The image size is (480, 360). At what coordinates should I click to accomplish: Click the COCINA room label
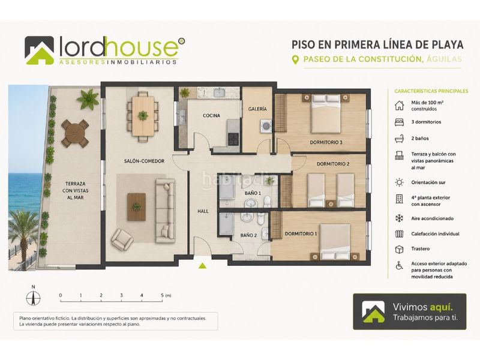pyautogui.click(x=211, y=115)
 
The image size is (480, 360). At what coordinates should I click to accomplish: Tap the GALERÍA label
pyautogui.click(x=257, y=109)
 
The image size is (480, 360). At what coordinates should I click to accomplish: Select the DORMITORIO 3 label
pyautogui.click(x=326, y=142)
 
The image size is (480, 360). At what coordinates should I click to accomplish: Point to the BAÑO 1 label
pyautogui.click(x=253, y=193)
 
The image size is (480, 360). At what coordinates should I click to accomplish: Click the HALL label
pyautogui.click(x=203, y=211)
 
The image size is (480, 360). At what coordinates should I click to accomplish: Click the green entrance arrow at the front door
pyautogui.click(x=202, y=266)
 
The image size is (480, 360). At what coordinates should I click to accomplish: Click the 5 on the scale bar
pyautogui.click(x=162, y=295)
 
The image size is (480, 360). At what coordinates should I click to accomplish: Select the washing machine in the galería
pyautogui.click(x=266, y=126)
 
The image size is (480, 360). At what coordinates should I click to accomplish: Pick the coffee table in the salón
pyautogui.click(x=136, y=207)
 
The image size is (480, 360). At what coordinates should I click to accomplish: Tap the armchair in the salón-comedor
pyautogui.click(x=122, y=239)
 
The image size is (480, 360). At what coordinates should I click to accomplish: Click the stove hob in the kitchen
pyautogui.click(x=233, y=139)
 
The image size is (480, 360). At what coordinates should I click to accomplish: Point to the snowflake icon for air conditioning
pyautogui.click(x=399, y=218)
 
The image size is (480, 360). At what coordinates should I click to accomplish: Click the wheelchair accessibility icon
pyautogui.click(x=399, y=265)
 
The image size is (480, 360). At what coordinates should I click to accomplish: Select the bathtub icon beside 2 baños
pyautogui.click(x=399, y=139)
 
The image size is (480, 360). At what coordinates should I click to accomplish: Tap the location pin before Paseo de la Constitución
pyautogui.click(x=295, y=59)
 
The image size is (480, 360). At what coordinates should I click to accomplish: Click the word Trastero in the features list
pyautogui.click(x=421, y=248)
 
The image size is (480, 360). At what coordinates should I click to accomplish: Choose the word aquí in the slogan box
pyautogui.click(x=442, y=307)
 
